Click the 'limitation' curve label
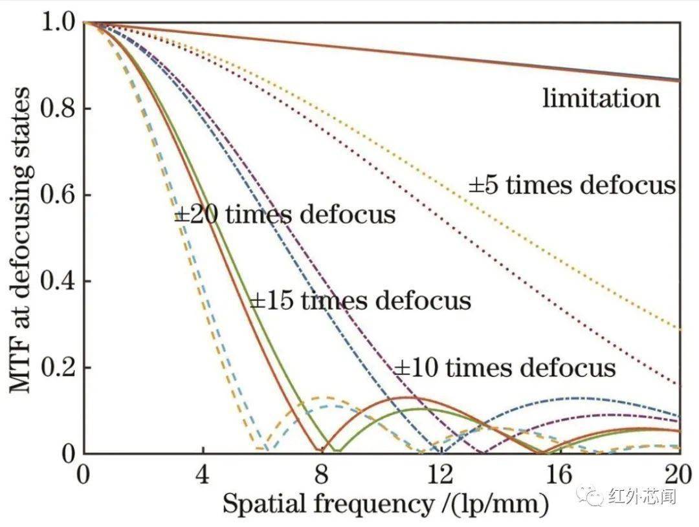601,99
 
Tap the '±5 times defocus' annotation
572,186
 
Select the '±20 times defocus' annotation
285,214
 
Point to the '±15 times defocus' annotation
360,301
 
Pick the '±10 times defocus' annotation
505,368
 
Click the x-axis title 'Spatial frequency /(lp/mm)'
385,504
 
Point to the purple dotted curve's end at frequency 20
679,384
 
